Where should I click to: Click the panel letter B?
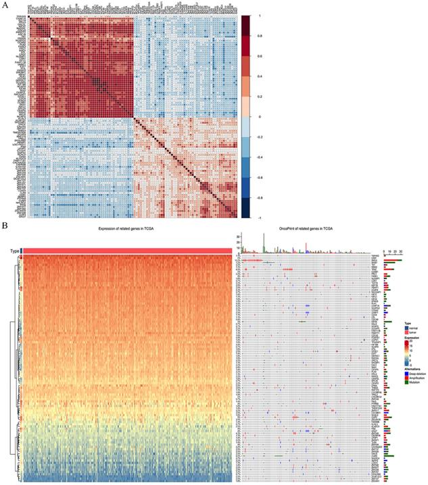click(5, 226)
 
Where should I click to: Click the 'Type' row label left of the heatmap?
click(14, 251)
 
